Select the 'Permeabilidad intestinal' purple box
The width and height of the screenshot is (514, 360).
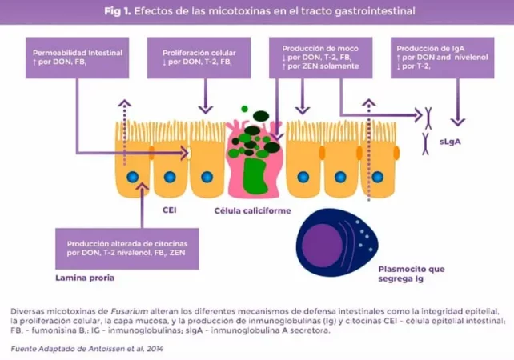(78, 57)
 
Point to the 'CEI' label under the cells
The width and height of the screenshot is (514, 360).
(169, 210)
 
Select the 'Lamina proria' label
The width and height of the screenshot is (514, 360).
(85, 278)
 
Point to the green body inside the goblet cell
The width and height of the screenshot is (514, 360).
(255, 176)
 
